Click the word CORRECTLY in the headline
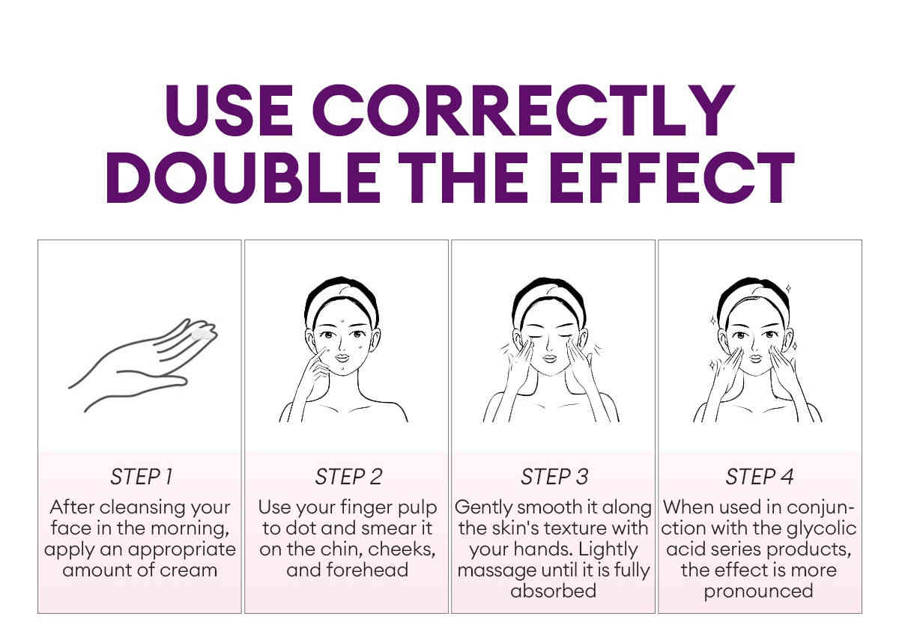point(524,110)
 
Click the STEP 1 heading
point(142,477)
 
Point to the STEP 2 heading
point(348,477)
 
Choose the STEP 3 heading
point(554,477)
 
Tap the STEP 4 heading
point(760,477)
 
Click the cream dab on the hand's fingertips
point(202,335)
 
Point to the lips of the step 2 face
point(343,358)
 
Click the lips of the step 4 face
point(756,358)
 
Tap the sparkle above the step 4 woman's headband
point(788,288)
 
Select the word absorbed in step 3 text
point(553,591)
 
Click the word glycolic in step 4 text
point(821,529)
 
